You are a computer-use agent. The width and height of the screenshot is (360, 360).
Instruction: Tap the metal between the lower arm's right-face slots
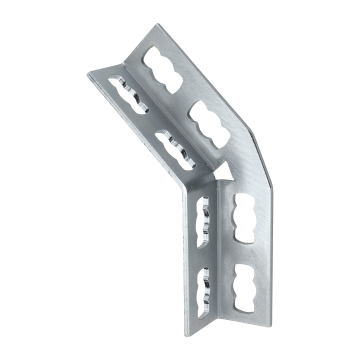[246, 251]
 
